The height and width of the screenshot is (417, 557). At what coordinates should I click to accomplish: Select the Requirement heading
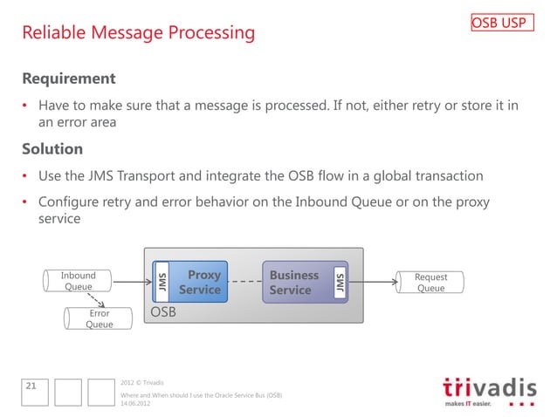[68, 79]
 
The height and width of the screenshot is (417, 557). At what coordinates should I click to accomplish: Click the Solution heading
[52, 148]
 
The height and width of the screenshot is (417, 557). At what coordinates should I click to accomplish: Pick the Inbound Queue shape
[79, 281]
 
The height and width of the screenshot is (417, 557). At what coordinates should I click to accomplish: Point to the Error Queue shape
[99, 318]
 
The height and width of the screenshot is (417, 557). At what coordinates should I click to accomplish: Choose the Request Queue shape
[430, 283]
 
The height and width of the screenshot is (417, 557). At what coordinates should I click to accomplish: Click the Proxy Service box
[199, 282]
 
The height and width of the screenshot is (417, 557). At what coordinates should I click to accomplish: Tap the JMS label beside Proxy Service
[161, 282]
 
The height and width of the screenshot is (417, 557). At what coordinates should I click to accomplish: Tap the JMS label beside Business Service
[340, 282]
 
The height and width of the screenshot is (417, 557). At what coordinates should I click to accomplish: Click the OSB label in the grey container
[163, 311]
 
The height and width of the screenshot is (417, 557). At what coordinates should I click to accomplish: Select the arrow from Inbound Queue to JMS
[132, 282]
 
